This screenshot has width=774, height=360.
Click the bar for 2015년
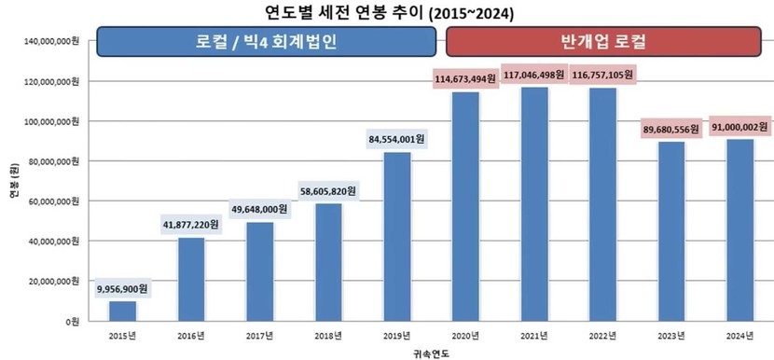pos(122,312)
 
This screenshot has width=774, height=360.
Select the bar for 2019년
pos(397,237)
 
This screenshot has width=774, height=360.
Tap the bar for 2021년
pos(534,204)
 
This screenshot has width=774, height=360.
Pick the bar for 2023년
pos(671,231)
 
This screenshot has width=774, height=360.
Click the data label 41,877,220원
pos(190,225)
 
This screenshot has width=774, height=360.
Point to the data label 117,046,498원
pos(534,75)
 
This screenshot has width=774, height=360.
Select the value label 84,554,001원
pos(396,139)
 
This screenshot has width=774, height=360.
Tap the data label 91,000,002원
pos(739,127)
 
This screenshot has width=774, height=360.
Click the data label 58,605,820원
pos(327,191)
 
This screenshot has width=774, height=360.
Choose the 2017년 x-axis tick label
pos(259,337)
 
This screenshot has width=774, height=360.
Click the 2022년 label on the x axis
pos(602,337)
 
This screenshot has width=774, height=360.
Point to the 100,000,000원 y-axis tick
pos(51,121)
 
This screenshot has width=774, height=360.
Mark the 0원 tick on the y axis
pos(72,322)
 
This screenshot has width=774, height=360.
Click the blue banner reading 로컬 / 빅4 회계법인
pos(267,41)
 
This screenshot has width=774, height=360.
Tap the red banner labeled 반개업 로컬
pos(603,41)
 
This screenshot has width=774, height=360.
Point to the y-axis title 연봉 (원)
pos(13,181)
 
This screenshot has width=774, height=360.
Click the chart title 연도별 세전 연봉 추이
pos(344,12)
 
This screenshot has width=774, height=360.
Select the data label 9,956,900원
pos(122,289)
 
